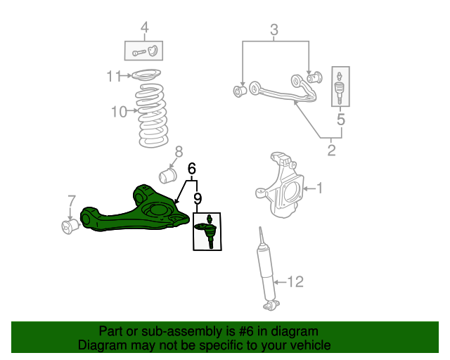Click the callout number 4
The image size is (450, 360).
pos(144,28)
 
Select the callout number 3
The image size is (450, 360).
pos(274,30)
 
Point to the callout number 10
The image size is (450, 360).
pos(119,111)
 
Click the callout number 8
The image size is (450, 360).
pos(179,151)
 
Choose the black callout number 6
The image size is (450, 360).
pos(191,169)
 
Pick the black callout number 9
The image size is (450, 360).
pos(198,199)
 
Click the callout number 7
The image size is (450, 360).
pos(70,202)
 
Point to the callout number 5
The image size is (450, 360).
pos(341,120)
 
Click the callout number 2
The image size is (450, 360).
pos(331,150)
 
